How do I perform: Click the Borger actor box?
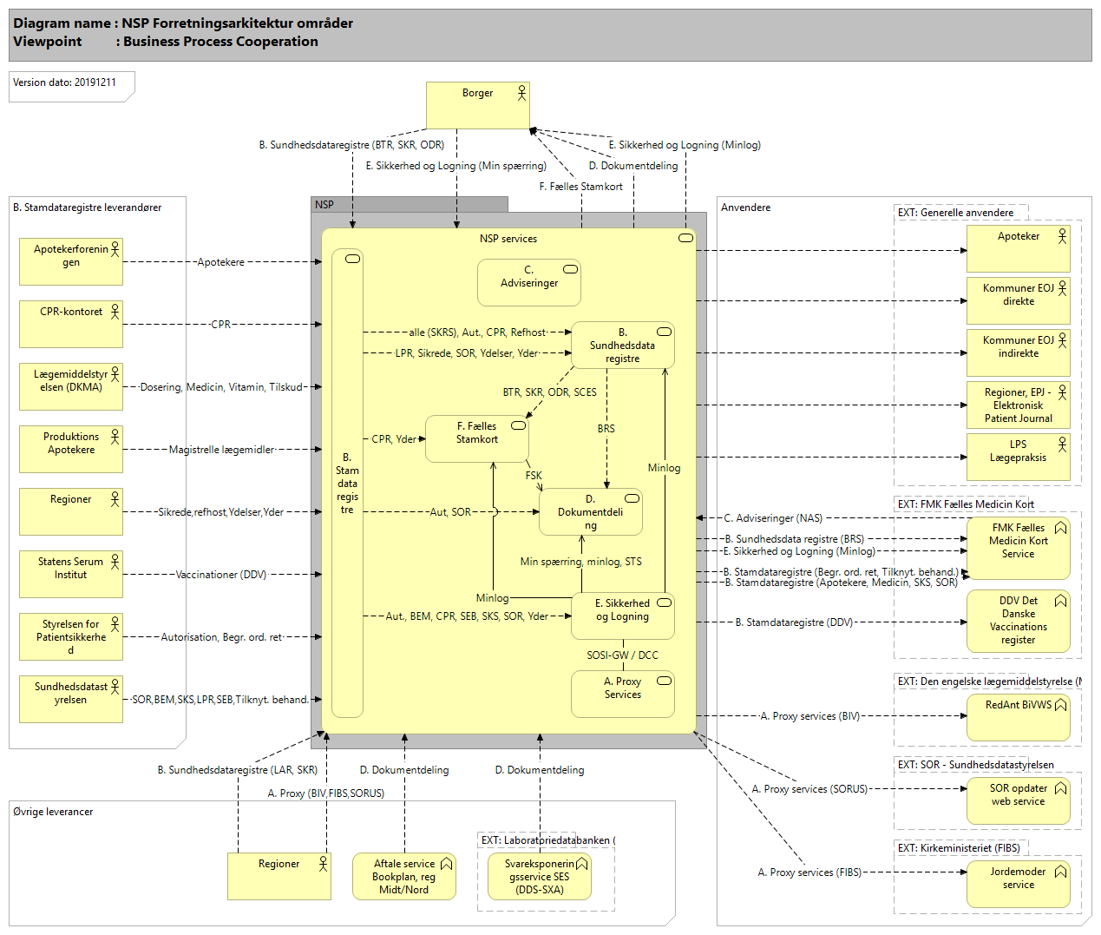[477, 105]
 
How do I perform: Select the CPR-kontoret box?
[71, 324]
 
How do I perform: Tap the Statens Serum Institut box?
[71, 574]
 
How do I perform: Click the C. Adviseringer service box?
[529, 283]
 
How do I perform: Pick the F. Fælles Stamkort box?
[477, 438]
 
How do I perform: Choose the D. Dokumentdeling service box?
[591, 511]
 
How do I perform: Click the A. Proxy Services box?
[623, 694]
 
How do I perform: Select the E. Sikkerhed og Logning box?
[623, 616]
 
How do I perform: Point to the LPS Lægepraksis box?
[1018, 457]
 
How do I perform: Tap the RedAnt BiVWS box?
[1018, 717]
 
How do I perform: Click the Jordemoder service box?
[1018, 884]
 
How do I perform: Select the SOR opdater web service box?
[1018, 800]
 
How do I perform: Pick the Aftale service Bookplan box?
[404, 876]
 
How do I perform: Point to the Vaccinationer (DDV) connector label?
[221, 575]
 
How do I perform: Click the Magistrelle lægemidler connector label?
[221, 450]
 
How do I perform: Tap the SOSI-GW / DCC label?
[622, 655]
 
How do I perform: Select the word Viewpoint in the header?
[48, 42]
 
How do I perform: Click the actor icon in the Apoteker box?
[1062, 235]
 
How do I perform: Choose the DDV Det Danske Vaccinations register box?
[1018, 621]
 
